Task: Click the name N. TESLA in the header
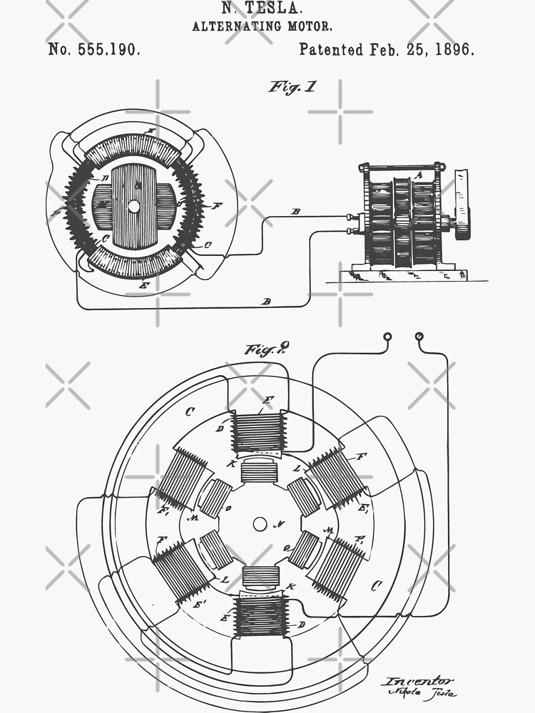point(261,9)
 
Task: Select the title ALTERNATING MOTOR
point(261,26)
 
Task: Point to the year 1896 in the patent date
point(454,49)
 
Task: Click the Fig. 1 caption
point(292,87)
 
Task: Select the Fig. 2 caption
point(267,349)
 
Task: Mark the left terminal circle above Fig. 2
point(387,336)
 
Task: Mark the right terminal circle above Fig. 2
point(419,336)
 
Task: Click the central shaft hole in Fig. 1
point(133,206)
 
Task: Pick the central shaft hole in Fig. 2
point(260,524)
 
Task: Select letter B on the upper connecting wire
point(295,212)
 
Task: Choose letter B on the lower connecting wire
point(266,302)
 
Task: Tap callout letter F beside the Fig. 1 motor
point(216,205)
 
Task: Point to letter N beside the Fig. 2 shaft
point(280,524)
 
